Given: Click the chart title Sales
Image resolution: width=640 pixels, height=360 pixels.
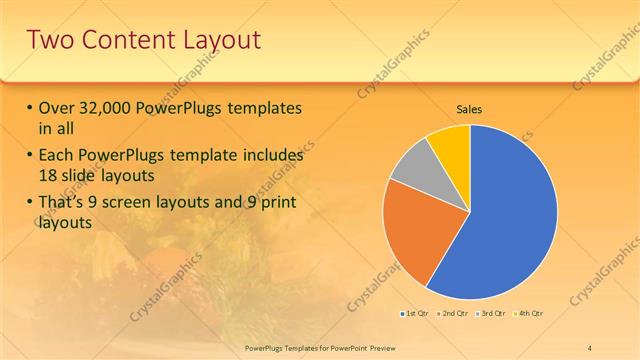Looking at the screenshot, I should (470, 107).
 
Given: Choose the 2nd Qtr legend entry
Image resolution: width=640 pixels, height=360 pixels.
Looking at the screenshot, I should (454, 314).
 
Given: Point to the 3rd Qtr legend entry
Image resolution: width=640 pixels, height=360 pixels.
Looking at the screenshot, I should (492, 314).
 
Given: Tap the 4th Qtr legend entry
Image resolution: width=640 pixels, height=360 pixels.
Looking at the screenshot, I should (530, 314).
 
